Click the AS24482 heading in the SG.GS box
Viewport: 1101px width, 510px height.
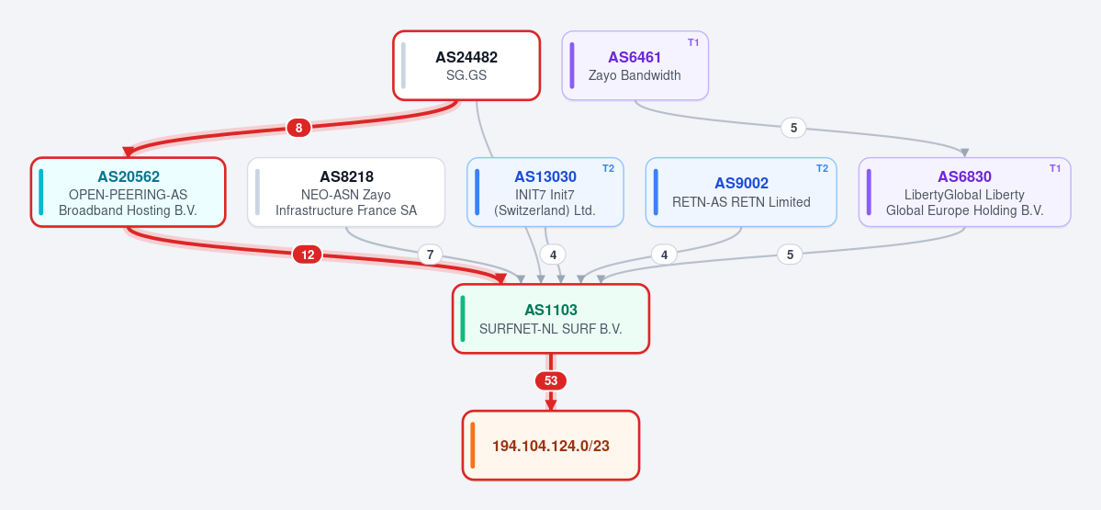(x=466, y=58)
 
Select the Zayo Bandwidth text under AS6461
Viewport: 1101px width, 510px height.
(x=635, y=75)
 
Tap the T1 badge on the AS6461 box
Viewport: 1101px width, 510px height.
(x=693, y=42)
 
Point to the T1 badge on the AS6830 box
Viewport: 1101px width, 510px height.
(x=1055, y=168)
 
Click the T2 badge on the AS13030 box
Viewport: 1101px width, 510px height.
(x=608, y=168)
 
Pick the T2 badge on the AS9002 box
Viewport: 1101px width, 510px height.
(x=822, y=168)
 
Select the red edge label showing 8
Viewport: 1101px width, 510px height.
(x=298, y=128)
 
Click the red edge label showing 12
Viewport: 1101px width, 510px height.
(x=307, y=255)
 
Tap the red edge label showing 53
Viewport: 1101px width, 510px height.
(x=551, y=380)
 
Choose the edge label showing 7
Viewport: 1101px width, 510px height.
(x=431, y=255)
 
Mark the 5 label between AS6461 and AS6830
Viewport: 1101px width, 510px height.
(x=793, y=128)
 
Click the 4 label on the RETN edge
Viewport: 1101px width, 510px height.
(x=664, y=255)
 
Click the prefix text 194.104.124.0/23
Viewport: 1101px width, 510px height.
(x=551, y=446)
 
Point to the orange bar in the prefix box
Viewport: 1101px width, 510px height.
(x=473, y=445)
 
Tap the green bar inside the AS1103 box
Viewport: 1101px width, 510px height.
(x=463, y=318)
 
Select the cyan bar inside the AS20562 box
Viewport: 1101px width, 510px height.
(x=40, y=192)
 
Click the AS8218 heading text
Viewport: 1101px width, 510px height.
(x=346, y=177)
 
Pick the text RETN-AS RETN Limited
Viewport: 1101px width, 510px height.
(x=741, y=202)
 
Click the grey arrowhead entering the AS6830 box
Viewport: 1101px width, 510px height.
(x=965, y=153)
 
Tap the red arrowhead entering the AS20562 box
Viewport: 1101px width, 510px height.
(x=129, y=153)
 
